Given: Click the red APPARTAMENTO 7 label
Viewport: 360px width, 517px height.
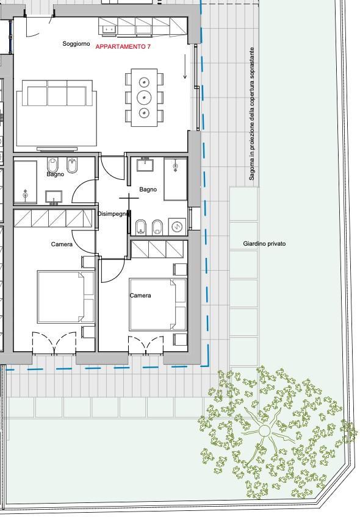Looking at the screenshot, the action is [123, 47].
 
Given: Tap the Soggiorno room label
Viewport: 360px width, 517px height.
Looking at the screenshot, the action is [76, 43].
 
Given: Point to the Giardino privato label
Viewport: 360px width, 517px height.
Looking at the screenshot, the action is [264, 244].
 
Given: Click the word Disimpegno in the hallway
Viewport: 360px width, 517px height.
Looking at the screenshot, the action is [112, 214].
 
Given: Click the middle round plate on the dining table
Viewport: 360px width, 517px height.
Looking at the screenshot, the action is [144, 97].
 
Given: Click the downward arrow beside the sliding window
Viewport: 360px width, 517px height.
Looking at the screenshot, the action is [185, 66].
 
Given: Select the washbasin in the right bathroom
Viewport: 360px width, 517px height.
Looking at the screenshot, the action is [145, 164].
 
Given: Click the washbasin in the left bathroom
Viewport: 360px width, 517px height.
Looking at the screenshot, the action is [54, 197].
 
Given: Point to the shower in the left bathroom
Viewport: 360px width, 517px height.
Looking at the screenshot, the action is [26, 182].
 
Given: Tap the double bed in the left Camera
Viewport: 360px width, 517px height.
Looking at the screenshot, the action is [66, 296].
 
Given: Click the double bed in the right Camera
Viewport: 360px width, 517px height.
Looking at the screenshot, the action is [157, 304].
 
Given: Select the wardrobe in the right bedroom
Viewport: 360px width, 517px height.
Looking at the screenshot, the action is [157, 249].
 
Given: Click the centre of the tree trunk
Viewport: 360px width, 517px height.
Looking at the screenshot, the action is [264, 430].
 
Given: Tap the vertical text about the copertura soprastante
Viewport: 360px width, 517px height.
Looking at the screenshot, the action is [252, 114].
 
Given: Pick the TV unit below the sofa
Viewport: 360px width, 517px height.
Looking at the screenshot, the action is [57, 148].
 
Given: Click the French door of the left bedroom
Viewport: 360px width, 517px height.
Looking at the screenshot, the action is [54, 343].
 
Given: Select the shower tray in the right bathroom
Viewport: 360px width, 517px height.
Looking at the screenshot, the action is [176, 179].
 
